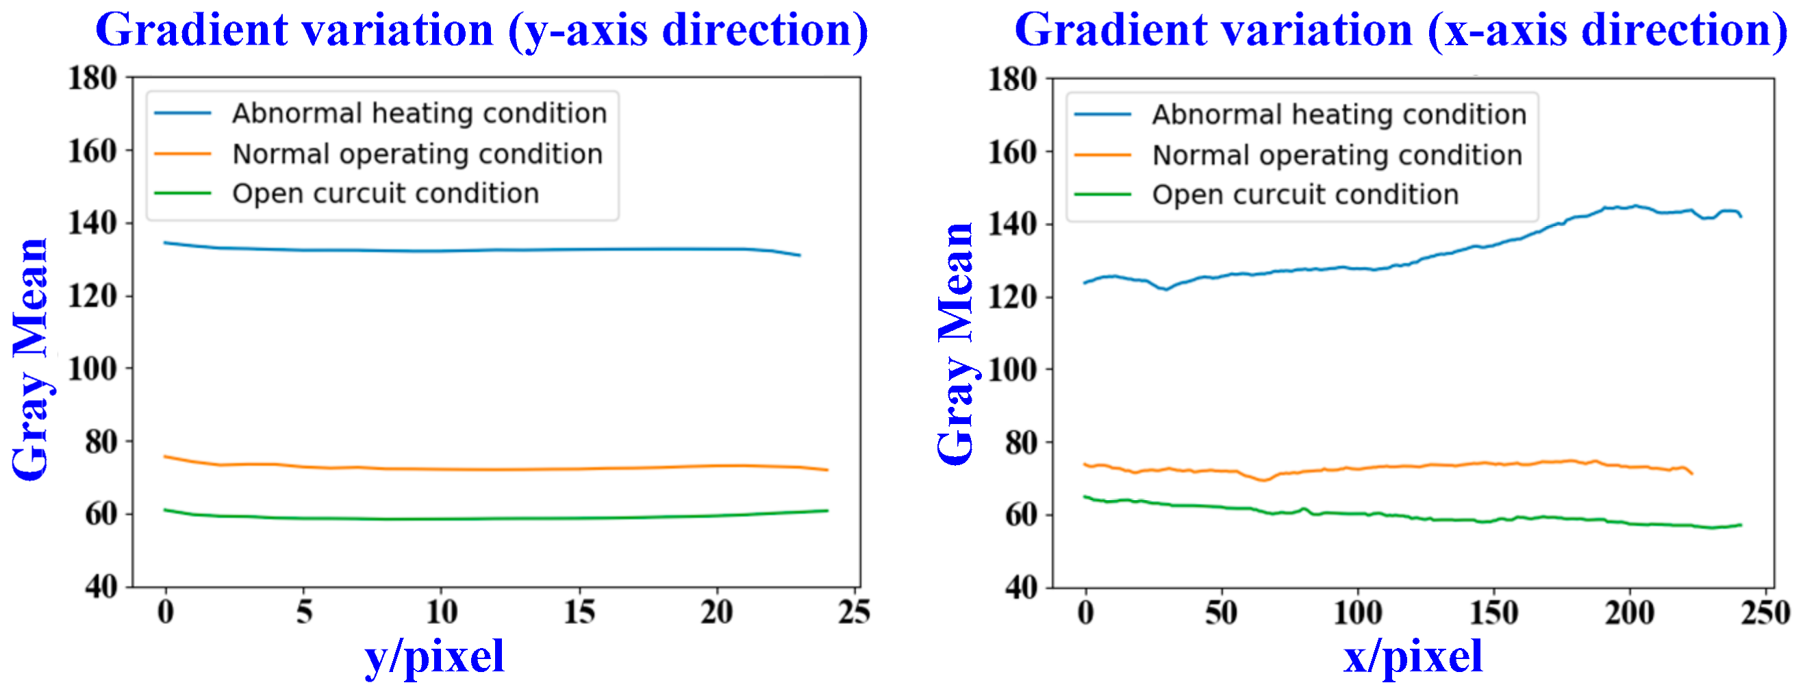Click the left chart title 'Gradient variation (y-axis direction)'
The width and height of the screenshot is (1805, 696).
[481, 31]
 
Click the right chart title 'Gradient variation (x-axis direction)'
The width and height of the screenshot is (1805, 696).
[1401, 31]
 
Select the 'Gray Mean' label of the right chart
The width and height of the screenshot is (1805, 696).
[956, 343]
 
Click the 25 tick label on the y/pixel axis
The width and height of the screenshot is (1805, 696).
[853, 612]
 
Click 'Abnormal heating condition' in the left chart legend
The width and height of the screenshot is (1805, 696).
[419, 114]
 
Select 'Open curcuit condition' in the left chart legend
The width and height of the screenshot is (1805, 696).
[386, 194]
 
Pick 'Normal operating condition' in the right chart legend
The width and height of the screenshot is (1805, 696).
[1337, 156]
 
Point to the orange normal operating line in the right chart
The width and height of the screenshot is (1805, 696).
[1366, 467]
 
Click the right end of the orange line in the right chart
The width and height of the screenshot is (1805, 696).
[1691, 474]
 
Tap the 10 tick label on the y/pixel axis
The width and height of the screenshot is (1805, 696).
[442, 612]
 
